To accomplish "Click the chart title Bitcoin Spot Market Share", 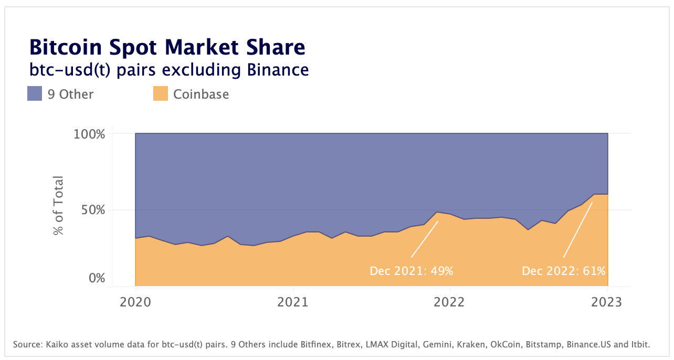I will pyautogui.click(x=167, y=47).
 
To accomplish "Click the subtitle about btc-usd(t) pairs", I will pyautogui.click(x=168, y=69).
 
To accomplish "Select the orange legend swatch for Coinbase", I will pyautogui.click(x=160, y=94).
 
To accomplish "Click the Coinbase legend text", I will pyautogui.click(x=201, y=94).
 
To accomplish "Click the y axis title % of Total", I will pyautogui.click(x=58, y=206).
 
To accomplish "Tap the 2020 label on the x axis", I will pyautogui.click(x=135, y=303).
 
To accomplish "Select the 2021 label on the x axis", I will pyautogui.click(x=292, y=303).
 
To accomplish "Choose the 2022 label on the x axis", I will pyautogui.click(x=449, y=303).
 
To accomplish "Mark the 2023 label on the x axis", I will pyautogui.click(x=607, y=303).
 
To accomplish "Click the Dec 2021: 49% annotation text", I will pyautogui.click(x=411, y=271).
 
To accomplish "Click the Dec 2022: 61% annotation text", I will pyautogui.click(x=563, y=271).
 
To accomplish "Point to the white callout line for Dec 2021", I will pyautogui.click(x=425, y=239).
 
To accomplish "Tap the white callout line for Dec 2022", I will pyautogui.click(x=578, y=230).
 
